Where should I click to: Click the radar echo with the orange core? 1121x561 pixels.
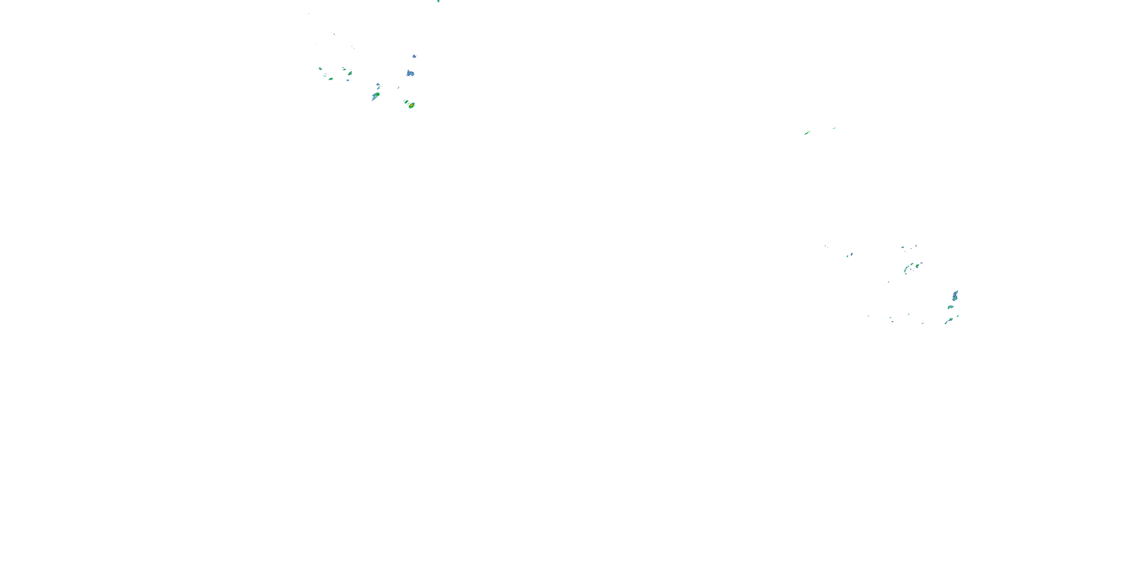click(411, 105)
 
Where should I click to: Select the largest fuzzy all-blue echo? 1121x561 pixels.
click(410, 74)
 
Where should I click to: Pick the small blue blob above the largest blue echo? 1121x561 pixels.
click(414, 56)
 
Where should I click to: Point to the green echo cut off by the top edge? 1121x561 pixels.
click(438, 1)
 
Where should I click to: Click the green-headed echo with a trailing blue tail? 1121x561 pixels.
click(376, 95)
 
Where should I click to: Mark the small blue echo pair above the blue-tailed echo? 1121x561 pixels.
click(378, 85)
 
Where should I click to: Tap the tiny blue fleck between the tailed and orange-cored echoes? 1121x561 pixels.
click(398, 88)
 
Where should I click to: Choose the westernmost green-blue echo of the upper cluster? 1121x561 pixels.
click(320, 68)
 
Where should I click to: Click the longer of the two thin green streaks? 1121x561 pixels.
click(807, 133)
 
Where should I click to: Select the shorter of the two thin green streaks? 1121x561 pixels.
click(834, 128)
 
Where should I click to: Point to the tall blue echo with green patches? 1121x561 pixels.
click(955, 296)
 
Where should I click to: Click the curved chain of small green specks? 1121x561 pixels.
click(908, 268)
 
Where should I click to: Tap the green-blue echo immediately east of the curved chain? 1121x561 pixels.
click(918, 265)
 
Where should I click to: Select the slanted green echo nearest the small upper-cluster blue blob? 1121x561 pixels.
click(350, 73)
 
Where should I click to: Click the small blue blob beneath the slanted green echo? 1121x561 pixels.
click(348, 80)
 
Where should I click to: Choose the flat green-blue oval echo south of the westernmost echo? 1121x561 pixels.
click(331, 79)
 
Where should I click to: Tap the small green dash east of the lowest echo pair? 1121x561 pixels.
click(957, 316)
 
